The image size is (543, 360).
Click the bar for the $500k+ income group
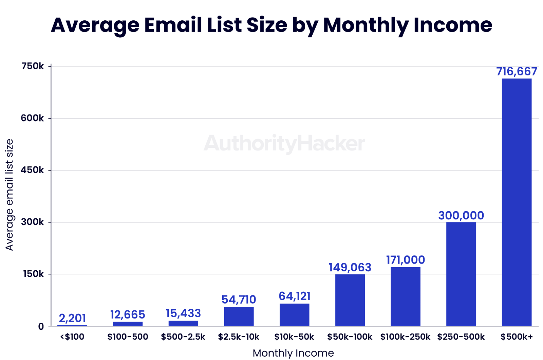point(517,202)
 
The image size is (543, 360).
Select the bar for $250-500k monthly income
point(461,274)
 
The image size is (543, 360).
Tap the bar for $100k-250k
point(405,296)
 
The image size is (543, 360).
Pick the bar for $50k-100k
point(350,300)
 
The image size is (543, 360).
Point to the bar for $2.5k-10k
point(239,317)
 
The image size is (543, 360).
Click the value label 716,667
point(517,72)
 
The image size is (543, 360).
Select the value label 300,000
point(461,216)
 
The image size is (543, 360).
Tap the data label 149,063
point(350,268)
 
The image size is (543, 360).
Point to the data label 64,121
point(295,296)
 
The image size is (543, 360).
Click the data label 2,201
point(72,319)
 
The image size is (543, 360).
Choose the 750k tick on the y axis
point(33,66)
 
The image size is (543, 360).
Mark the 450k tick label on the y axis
point(33,170)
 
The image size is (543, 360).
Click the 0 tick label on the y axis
point(41,326)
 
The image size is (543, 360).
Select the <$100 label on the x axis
point(72,337)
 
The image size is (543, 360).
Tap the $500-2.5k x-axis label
point(183,337)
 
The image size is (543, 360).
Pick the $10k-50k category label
point(294,337)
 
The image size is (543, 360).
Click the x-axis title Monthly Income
point(293,353)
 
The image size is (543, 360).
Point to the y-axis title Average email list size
point(10,195)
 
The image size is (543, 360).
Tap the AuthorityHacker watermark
point(284,143)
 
